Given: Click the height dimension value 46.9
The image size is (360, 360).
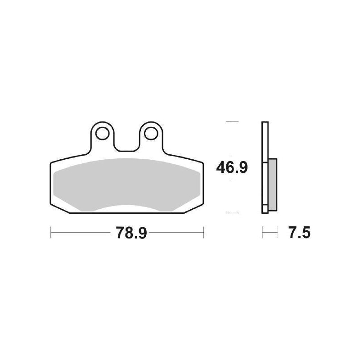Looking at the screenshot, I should point(231,167).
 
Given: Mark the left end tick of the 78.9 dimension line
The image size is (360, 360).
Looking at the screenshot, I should point(51,233).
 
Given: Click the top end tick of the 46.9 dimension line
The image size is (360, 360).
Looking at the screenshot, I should point(231,121).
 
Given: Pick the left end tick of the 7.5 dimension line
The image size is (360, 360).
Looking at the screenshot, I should point(262,233).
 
